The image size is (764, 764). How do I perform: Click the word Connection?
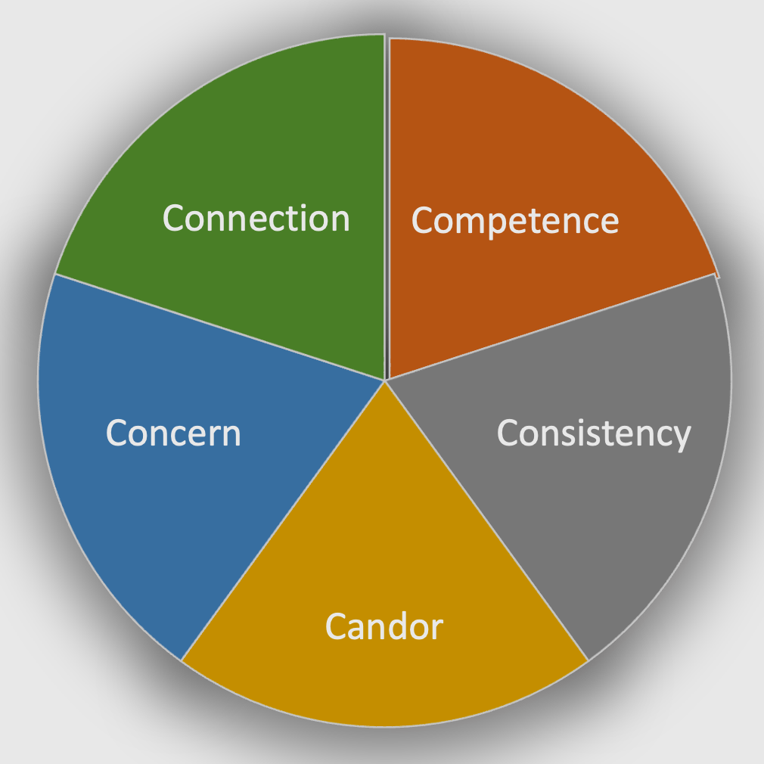tap(256, 219)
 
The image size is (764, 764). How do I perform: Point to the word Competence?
tap(515, 221)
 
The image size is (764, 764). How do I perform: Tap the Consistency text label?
tap(594, 433)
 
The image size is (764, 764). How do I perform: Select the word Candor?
tap(384, 626)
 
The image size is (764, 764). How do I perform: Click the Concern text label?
tap(173, 433)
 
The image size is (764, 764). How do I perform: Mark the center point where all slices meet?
tap(386, 380)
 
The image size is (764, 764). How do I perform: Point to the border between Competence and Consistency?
tap(552, 327)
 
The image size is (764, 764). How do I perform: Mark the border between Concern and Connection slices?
tap(219, 327)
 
